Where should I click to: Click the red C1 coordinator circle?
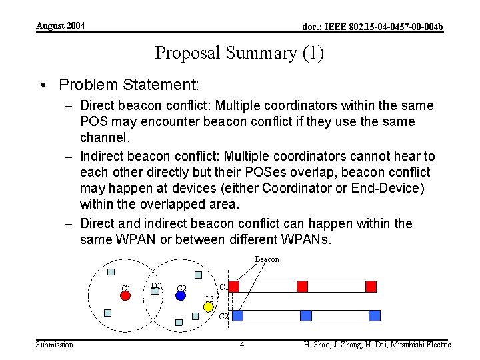pyautogui.click(x=125, y=295)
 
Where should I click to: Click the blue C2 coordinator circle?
pyautogui.click(x=181, y=295)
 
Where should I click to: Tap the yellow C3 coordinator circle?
pyautogui.click(x=208, y=307)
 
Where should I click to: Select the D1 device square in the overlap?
pyautogui.click(x=155, y=290)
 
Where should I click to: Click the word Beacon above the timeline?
pyautogui.click(x=267, y=259)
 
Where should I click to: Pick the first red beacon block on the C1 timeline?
pyautogui.click(x=234, y=287)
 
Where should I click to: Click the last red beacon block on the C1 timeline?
pyautogui.click(x=371, y=287)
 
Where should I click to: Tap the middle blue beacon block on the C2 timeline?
pyautogui.click(x=306, y=315)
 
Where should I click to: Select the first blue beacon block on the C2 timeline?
pyautogui.click(x=238, y=315)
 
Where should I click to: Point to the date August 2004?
pyautogui.click(x=60, y=26)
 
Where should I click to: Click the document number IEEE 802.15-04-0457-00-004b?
pyautogui.click(x=372, y=27)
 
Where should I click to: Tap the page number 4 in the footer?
pyautogui.click(x=242, y=345)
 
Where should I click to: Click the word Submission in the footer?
pyautogui.click(x=55, y=345)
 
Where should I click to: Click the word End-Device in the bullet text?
pyautogui.click(x=388, y=189)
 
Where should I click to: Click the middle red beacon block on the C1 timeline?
pyautogui.click(x=302, y=287)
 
